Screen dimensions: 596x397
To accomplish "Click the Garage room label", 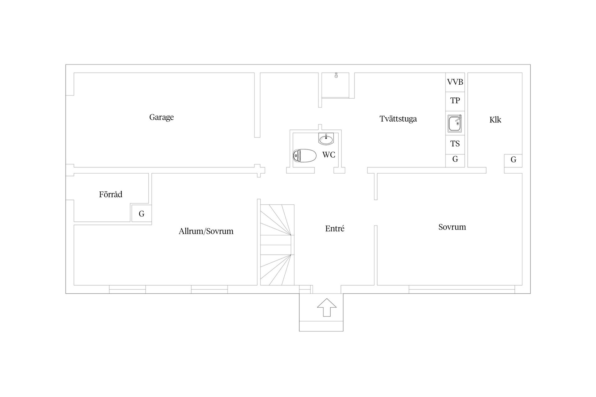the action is point(161,117).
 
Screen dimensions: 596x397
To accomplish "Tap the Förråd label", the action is point(111,194).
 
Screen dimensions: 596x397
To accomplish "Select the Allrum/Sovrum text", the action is point(206,231).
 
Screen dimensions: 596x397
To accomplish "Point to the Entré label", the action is point(335,229).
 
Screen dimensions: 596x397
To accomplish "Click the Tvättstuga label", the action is point(398,119).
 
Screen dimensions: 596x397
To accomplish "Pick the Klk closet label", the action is point(495,120).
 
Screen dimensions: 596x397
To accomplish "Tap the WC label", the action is point(329,154).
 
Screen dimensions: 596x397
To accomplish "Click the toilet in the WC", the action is point(305,155).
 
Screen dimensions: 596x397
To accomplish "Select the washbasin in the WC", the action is point(326,139).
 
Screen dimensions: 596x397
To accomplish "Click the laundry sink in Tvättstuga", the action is point(455,123).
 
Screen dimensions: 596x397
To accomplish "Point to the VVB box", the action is point(455,82).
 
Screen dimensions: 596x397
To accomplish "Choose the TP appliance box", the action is point(455,101).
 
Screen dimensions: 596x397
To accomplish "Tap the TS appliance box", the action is point(455,145).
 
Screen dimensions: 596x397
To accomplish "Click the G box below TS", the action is point(455,161).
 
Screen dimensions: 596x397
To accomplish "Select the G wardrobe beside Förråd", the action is point(142,213).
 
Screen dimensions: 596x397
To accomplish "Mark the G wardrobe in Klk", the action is point(513,161).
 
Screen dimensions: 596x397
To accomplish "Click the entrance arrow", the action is point(327,307).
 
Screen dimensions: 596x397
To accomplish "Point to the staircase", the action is point(277,245).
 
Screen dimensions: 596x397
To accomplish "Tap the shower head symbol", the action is point(336,75).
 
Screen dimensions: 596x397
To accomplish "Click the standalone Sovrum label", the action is point(452,227).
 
